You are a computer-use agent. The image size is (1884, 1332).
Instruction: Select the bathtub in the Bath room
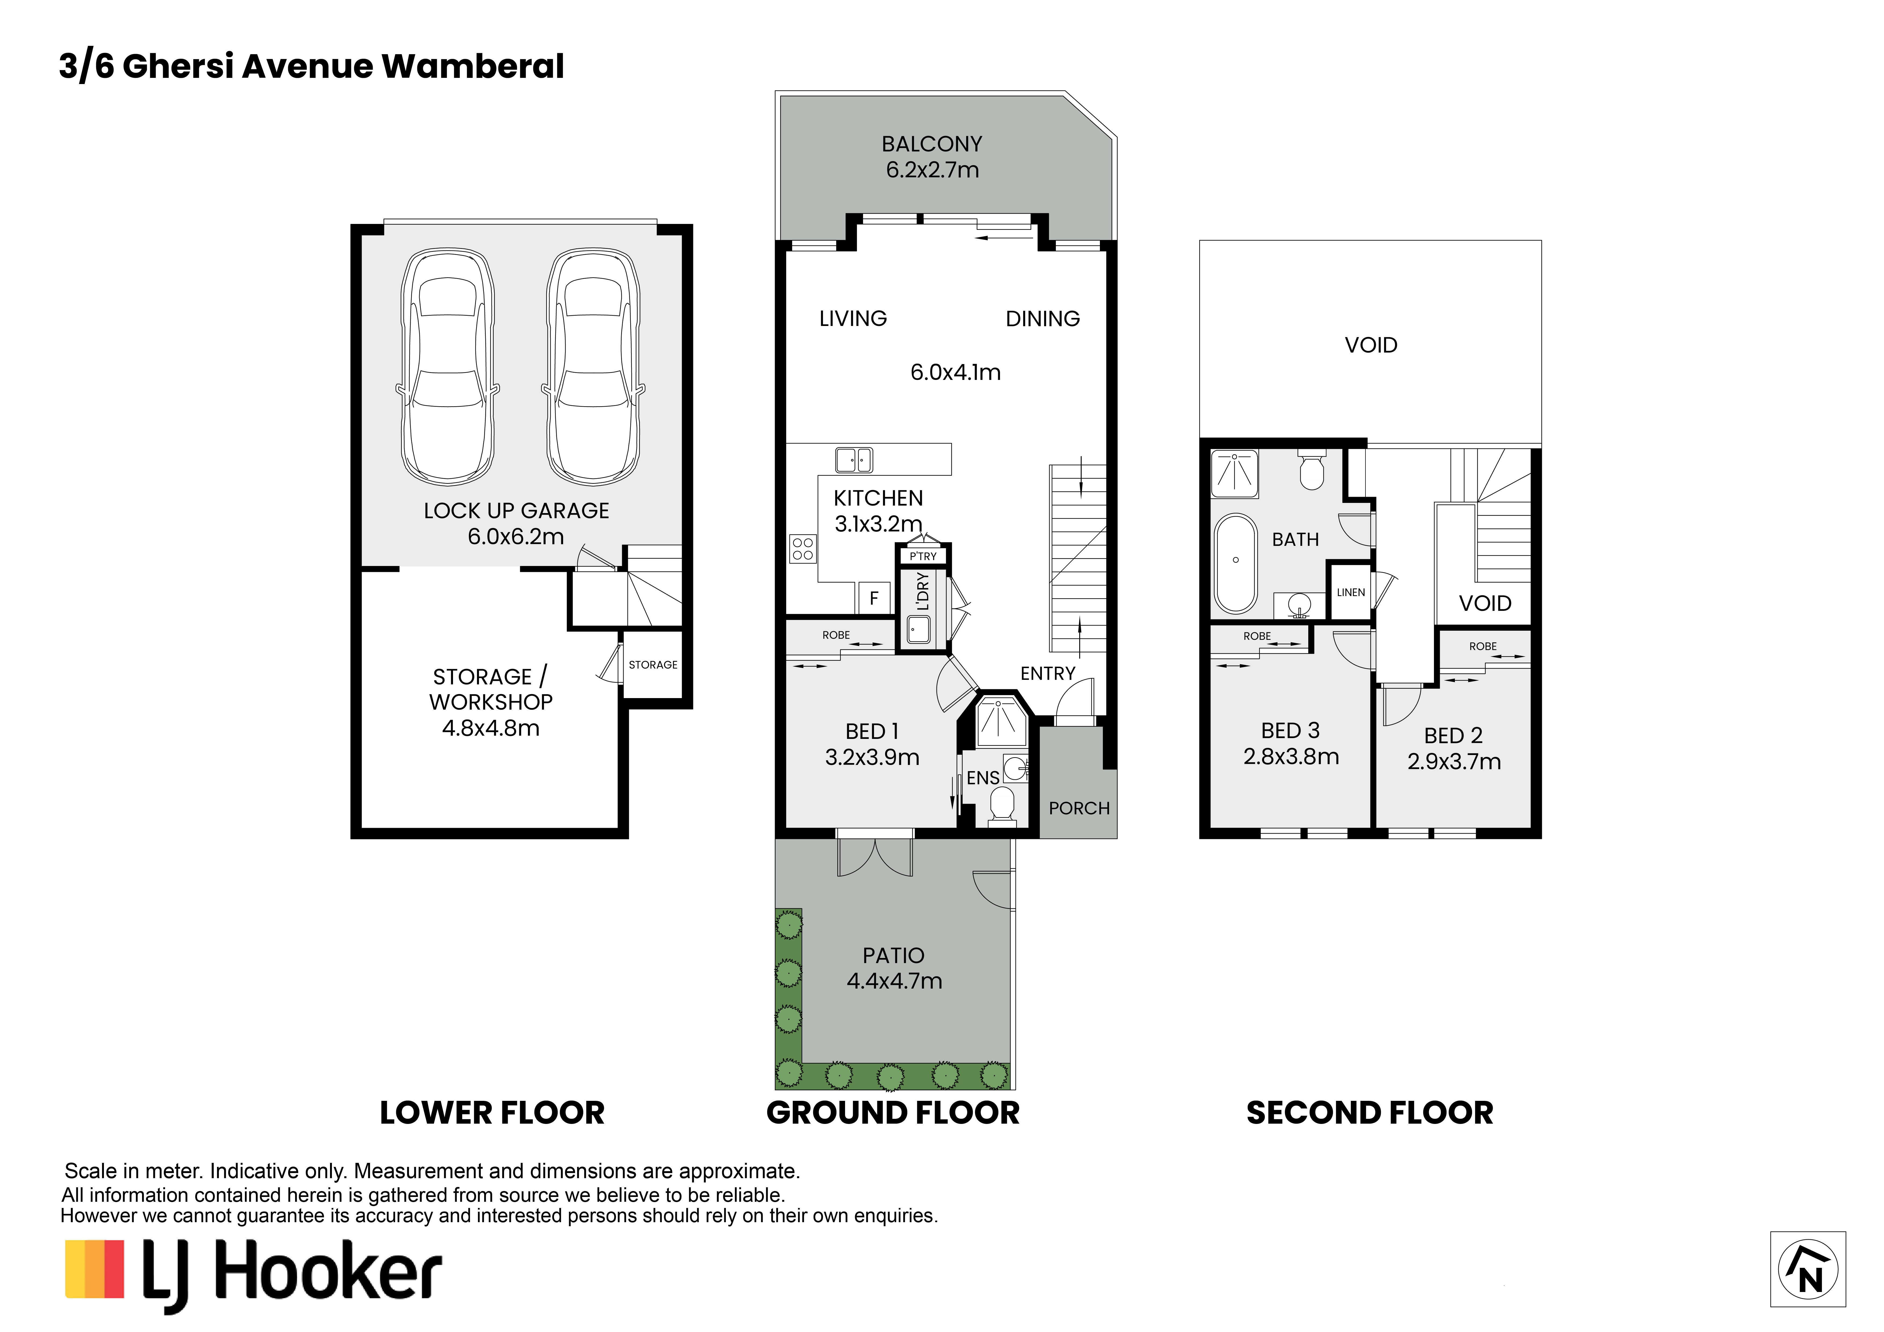tap(1235, 564)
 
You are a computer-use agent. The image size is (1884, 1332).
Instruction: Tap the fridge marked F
tap(874, 598)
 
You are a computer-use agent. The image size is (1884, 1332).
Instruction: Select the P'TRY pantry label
tap(923, 556)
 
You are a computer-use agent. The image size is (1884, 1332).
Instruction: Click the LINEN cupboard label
tap(1351, 593)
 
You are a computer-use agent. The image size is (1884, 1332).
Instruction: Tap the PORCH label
tap(1079, 808)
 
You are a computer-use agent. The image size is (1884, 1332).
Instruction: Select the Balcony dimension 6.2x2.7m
tap(932, 170)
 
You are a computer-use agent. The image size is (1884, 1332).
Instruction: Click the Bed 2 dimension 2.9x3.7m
tap(1454, 762)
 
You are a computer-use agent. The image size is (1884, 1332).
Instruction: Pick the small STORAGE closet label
tap(653, 665)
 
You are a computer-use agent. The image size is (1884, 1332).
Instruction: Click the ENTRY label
tap(1048, 674)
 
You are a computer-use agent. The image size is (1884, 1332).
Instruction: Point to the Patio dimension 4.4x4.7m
tap(894, 981)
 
